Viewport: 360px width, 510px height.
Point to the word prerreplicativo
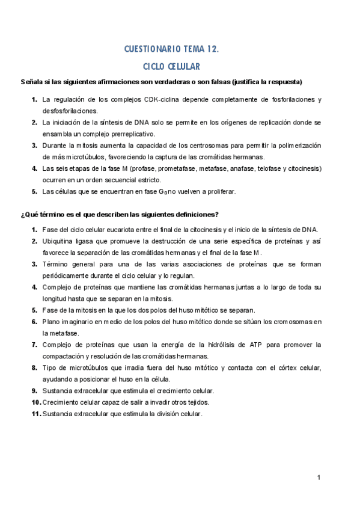point(129,134)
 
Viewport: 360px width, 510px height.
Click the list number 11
point(35,414)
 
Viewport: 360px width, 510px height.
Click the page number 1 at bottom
point(320,478)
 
